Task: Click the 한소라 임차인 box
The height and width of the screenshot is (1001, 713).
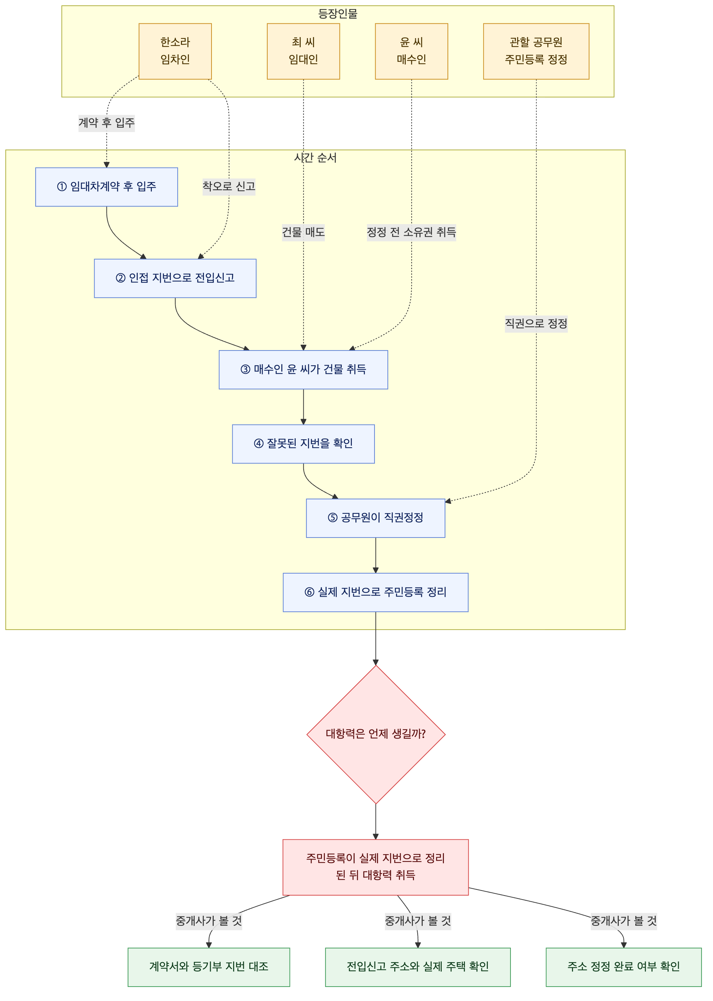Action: point(175,51)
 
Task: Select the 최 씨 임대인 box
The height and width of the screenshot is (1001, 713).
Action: point(303,51)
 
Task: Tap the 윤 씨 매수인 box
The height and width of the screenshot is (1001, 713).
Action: point(412,51)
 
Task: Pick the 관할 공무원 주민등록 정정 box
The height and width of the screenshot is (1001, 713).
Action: point(536,51)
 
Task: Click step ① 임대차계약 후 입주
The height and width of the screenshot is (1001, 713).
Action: point(107,187)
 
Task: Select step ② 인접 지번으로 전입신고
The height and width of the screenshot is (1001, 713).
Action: point(175,278)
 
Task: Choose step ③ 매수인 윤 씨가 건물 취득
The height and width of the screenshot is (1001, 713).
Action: point(303,370)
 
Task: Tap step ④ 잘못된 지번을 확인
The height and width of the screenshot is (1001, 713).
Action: point(303,444)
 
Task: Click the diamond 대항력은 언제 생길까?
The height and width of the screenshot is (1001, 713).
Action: point(376,734)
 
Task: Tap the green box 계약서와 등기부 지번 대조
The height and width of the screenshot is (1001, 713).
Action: point(209,967)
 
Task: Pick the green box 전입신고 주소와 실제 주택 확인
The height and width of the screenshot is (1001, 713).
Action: point(418,967)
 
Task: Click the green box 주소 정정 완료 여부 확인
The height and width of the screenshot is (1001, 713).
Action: point(624,967)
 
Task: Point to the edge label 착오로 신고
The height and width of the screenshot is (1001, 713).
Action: point(229,187)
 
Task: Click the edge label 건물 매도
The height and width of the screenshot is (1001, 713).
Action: point(303,232)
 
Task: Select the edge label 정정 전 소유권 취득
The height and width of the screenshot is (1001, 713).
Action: point(412,232)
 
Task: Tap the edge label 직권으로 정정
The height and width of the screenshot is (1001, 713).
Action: point(536,324)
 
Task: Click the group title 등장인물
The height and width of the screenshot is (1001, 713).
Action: point(338,14)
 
